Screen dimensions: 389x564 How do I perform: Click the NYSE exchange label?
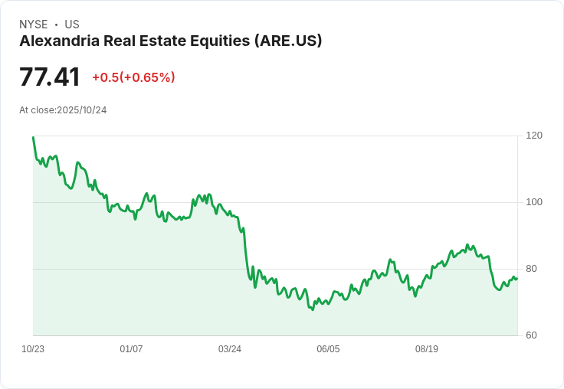click(x=34, y=25)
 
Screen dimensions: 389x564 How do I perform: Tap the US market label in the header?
click(x=72, y=25)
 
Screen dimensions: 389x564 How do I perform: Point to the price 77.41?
click(x=50, y=77)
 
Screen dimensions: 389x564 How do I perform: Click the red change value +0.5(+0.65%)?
click(x=133, y=77)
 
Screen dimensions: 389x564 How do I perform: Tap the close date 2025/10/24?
click(x=82, y=110)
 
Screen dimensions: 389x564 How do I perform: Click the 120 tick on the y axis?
click(x=534, y=136)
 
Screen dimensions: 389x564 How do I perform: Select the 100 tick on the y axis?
click(x=534, y=202)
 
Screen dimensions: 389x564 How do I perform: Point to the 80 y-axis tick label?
click(x=531, y=269)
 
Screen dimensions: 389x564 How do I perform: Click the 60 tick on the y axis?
click(x=531, y=335)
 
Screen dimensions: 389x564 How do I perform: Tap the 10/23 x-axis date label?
click(x=33, y=349)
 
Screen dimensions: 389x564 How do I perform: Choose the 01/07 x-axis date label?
click(x=131, y=349)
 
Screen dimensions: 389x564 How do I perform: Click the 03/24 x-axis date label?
click(x=230, y=349)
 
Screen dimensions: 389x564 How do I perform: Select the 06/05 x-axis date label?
click(x=328, y=349)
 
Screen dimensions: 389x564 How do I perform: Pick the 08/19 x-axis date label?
click(x=427, y=349)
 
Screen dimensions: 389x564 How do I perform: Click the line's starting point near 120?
click(x=33, y=137)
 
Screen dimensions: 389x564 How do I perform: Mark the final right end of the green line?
click(x=517, y=278)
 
